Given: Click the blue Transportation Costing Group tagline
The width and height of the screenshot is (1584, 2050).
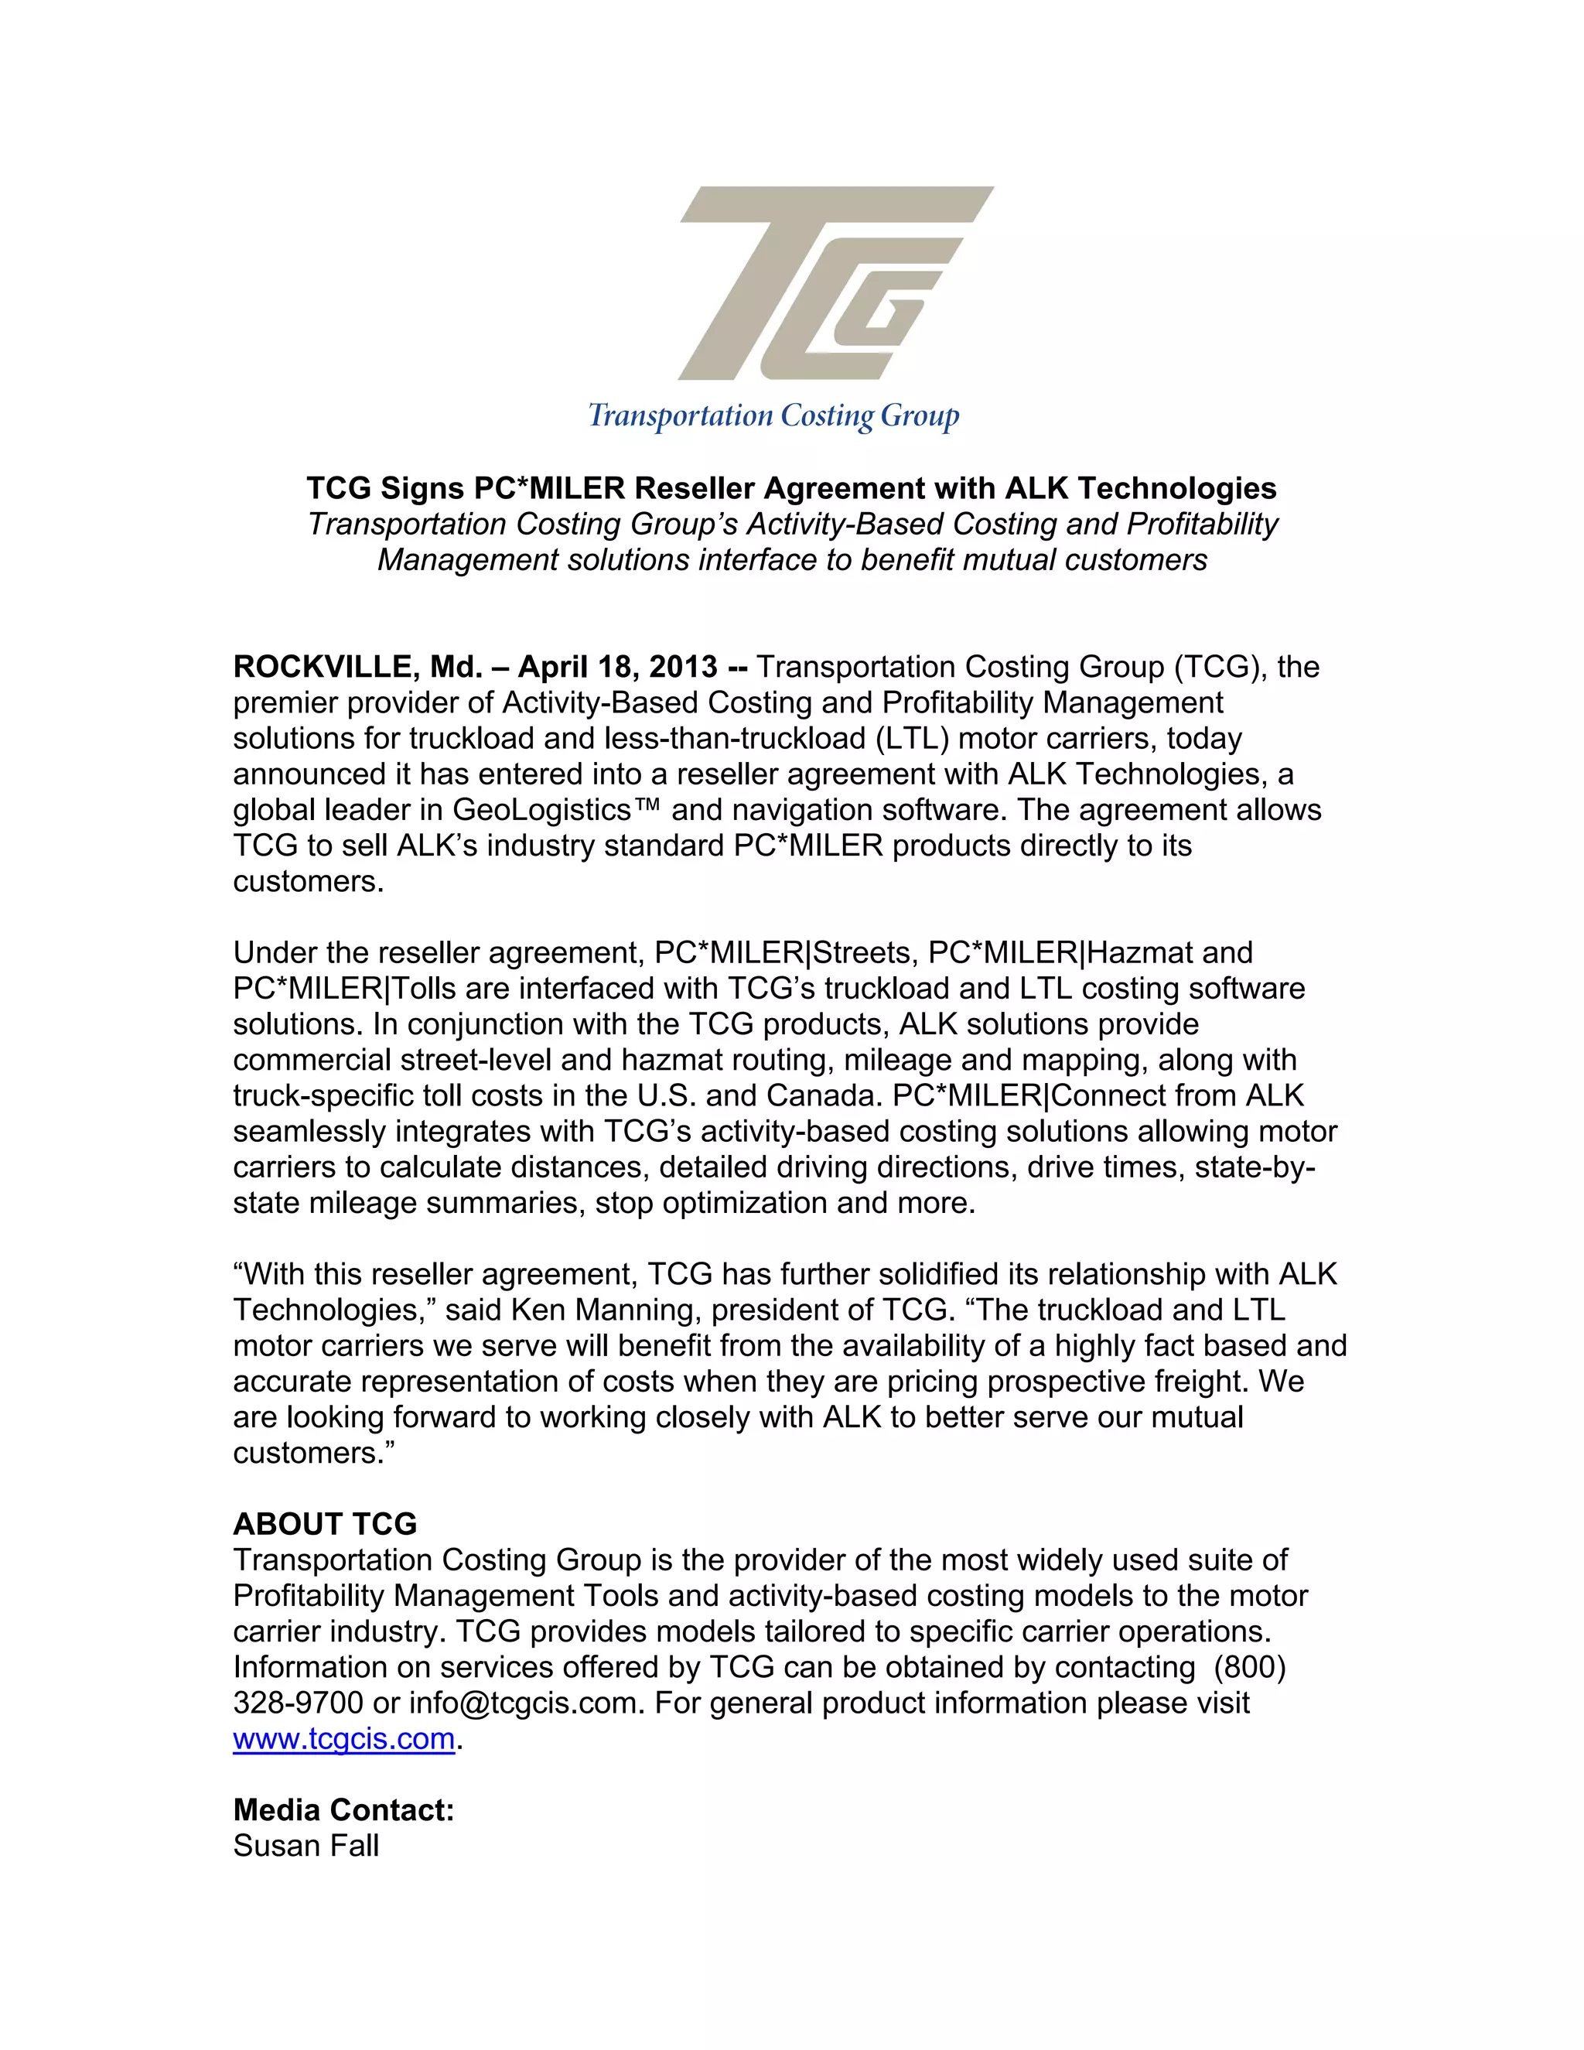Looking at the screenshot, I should point(773,416).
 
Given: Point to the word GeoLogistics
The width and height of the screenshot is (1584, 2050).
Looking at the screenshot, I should point(541,810).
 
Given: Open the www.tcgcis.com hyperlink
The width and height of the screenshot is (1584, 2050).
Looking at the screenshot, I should point(343,1739).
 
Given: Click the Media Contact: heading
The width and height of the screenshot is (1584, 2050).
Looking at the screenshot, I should point(343,1811).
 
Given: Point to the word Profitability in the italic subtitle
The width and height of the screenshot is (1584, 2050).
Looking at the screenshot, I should point(1203,524).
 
